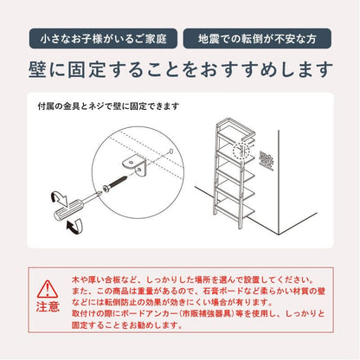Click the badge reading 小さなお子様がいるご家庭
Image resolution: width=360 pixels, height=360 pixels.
[103, 38]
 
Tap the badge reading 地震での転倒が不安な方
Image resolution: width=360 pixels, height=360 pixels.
[257, 38]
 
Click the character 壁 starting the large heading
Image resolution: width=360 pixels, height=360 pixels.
[37, 69]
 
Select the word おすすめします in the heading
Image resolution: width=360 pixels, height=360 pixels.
[267, 69]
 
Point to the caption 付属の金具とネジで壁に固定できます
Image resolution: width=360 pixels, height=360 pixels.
[108, 106]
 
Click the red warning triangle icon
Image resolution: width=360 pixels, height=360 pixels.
[48, 289]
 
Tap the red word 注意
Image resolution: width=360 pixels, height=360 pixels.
[48, 306]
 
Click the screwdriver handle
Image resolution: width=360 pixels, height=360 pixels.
[66, 212]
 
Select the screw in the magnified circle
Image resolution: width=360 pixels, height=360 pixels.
[115, 184]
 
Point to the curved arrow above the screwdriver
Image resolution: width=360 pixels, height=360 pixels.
[59, 198]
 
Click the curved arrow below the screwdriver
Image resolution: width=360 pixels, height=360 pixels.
[74, 226]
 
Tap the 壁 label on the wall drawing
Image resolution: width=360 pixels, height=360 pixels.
[266, 160]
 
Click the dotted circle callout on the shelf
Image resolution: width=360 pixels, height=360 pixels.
[242, 151]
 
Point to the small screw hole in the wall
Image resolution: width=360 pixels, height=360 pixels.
[171, 151]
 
